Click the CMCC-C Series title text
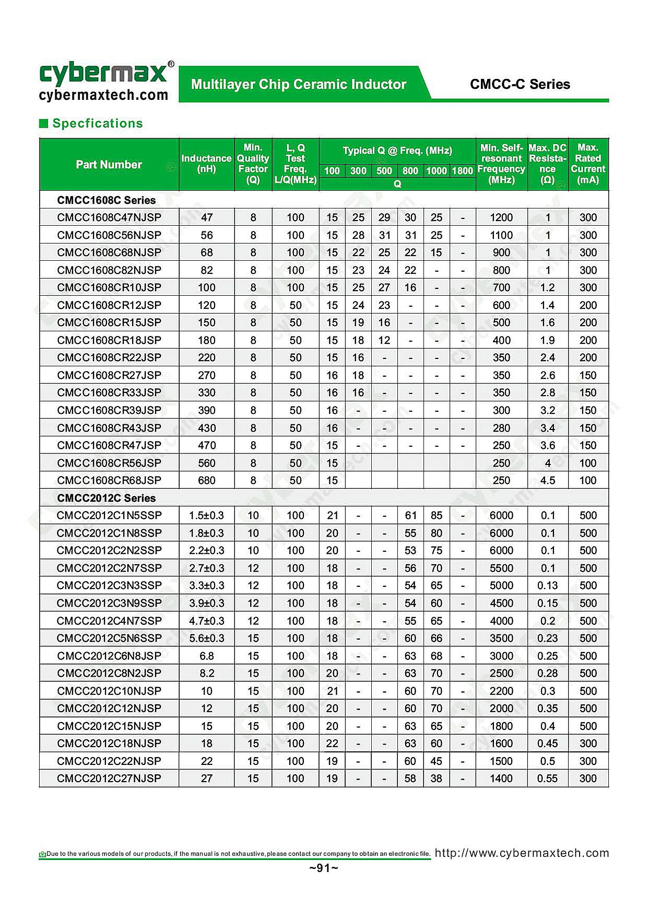coord(520,84)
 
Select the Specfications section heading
coord(97,123)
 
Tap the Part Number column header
coord(109,165)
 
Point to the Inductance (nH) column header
coord(206,164)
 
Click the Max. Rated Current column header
coord(587,164)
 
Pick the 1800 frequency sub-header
coord(462,171)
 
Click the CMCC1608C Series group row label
coord(107,200)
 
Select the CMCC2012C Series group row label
coord(107,498)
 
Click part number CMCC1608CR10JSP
coord(109,287)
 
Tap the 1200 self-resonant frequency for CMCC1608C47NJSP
coord(501,217)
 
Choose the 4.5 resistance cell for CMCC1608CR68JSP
coord(547,480)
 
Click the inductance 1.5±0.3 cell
coord(206,515)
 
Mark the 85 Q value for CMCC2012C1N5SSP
coord(437,515)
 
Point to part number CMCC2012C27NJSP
coord(109,778)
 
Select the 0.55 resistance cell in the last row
coord(547,778)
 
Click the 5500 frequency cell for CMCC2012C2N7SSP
coord(501,568)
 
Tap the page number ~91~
coord(324,868)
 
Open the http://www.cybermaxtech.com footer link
coord(522,853)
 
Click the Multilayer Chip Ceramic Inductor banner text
coord(299,84)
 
